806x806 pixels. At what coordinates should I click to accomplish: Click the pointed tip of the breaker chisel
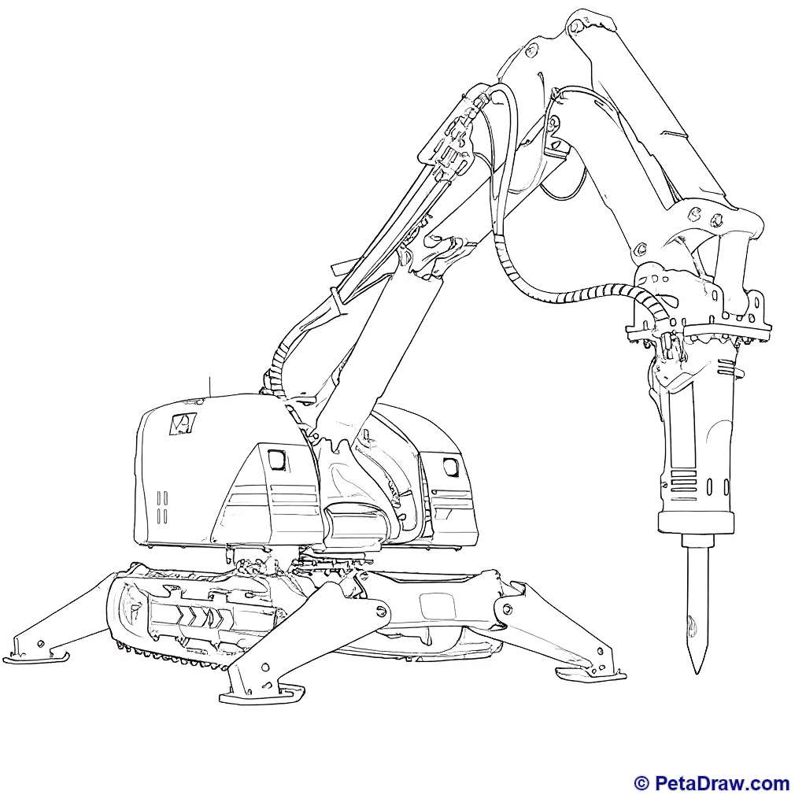pos(697,672)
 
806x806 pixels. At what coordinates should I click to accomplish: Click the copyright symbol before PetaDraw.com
pos(641,783)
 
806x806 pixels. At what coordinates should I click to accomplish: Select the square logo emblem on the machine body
pos(183,423)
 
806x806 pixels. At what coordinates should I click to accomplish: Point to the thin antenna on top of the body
pos(209,386)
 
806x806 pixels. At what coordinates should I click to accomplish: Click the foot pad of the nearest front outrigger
pos(261,694)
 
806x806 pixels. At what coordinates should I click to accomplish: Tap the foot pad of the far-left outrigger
pos(36,657)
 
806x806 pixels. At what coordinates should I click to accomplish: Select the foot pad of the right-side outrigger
pos(591,674)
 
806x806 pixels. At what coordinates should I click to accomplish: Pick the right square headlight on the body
pos(451,466)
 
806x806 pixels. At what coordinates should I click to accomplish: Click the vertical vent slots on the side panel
pos(162,507)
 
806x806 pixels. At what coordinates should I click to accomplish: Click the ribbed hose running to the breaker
pos(575,297)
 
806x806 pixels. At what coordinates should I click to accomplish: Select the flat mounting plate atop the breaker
pos(698,331)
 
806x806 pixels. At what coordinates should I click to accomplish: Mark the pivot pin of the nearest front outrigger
pos(381,610)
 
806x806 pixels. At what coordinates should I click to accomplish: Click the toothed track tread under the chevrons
pos(170,657)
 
